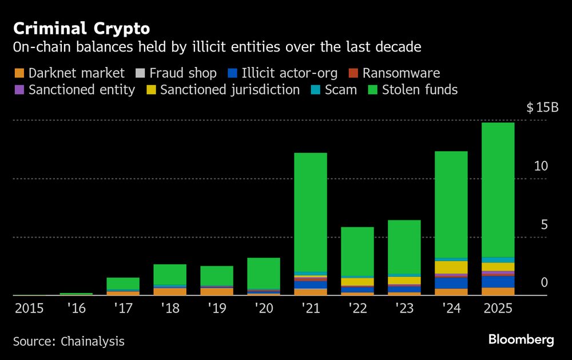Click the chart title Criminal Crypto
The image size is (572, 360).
click(82, 28)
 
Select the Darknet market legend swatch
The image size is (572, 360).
click(19, 73)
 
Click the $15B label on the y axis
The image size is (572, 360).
click(542, 108)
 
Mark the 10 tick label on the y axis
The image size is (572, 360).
click(541, 166)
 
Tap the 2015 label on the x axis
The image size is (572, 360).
click(30, 309)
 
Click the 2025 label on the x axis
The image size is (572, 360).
click(498, 309)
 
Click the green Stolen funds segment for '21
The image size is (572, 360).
click(310, 212)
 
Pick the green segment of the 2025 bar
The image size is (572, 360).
click(498, 189)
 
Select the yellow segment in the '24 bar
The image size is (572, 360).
click(451, 267)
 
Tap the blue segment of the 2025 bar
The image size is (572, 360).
click(498, 282)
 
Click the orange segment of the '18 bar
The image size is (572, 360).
click(170, 291)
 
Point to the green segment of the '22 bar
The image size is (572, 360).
click(357, 252)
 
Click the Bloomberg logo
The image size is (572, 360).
click(521, 340)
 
